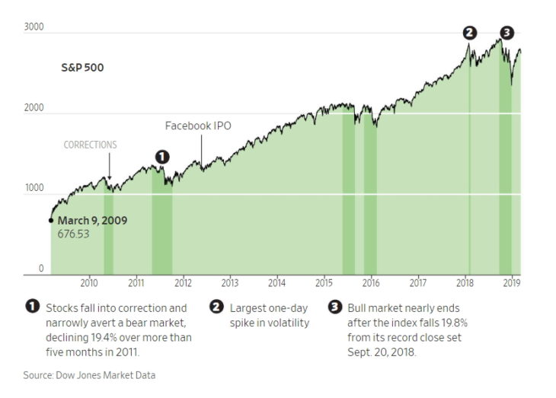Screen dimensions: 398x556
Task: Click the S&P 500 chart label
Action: click(82, 68)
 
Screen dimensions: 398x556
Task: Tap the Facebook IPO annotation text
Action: click(199, 126)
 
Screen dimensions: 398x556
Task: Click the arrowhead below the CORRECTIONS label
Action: click(109, 176)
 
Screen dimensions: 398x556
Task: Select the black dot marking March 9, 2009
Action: click(51, 221)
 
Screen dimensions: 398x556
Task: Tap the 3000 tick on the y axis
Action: click(35, 27)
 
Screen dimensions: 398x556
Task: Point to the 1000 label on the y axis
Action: click(35, 188)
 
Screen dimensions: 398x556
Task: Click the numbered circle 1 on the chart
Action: click(161, 156)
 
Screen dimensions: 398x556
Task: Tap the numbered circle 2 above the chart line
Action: click(470, 32)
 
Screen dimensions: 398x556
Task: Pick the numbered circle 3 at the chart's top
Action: click(507, 32)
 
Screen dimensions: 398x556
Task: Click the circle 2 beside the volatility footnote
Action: click(216, 307)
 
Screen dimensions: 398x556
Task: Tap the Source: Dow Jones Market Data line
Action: click(89, 374)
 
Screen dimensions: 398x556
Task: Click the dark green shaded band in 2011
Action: click(162, 228)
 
